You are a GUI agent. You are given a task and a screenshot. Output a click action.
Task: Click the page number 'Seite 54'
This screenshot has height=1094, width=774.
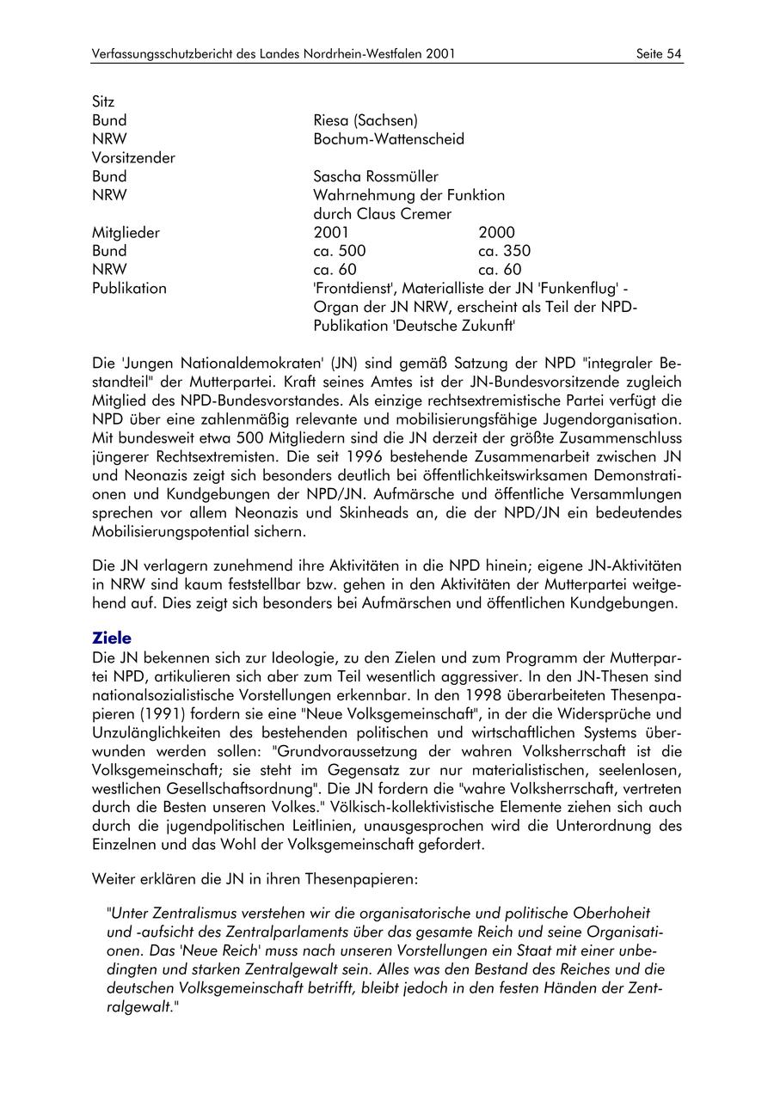659,54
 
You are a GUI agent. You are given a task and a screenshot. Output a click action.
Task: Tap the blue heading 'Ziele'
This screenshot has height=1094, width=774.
112,638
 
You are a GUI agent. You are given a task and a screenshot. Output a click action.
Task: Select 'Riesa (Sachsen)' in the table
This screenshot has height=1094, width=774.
365,120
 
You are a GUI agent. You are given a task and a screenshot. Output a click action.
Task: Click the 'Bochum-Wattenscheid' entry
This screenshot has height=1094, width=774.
389,139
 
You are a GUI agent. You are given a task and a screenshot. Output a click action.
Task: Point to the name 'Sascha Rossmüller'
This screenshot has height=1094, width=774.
376,177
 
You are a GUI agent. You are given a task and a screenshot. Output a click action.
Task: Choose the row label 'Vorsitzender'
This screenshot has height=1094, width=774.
133,158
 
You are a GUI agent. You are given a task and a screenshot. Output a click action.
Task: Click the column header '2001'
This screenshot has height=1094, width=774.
332,232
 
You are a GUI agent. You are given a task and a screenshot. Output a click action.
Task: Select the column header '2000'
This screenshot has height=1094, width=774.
496,232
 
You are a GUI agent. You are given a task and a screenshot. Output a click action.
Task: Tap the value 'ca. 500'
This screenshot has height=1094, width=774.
340,251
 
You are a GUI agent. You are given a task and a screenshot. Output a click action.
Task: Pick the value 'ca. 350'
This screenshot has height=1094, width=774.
504,251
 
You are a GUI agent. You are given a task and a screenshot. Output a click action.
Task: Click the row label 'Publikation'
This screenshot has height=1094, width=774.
129,289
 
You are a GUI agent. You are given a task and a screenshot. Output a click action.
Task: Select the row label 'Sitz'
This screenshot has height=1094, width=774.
103,101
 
